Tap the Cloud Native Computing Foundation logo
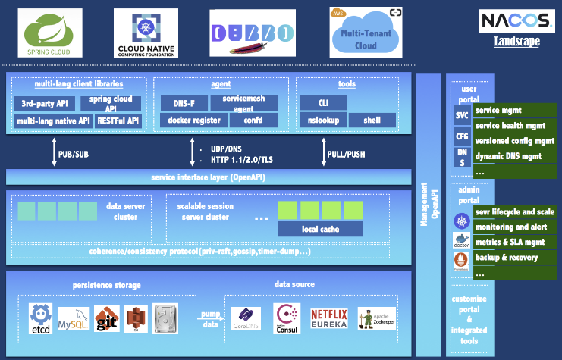(x=146, y=34)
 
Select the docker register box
(x=193, y=120)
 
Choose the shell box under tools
(x=372, y=120)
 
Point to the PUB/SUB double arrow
(x=53, y=154)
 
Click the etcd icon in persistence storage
(x=40, y=318)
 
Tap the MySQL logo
(x=74, y=318)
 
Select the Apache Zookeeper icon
(x=377, y=318)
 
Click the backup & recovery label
(x=506, y=258)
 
